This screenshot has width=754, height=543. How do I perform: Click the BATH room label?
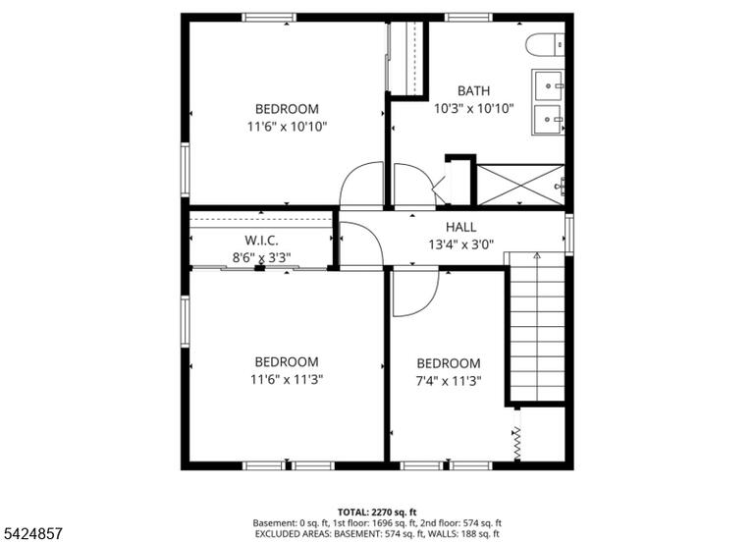pyautogui.click(x=473, y=90)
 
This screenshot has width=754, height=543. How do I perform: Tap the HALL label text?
pyautogui.click(x=460, y=227)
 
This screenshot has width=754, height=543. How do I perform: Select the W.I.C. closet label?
pyautogui.click(x=261, y=240)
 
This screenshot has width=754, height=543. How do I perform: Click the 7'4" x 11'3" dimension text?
pyautogui.click(x=448, y=381)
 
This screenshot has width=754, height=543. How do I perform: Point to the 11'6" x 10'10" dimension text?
pyautogui.click(x=287, y=127)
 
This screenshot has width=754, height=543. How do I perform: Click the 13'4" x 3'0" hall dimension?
pyautogui.click(x=461, y=245)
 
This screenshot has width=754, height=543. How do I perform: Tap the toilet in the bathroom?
pyautogui.click(x=545, y=45)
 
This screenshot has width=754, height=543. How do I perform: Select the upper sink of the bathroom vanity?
pyautogui.click(x=548, y=85)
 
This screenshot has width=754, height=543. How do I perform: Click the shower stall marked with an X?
pyautogui.click(x=520, y=185)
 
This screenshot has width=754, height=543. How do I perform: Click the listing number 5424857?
pyautogui.click(x=33, y=533)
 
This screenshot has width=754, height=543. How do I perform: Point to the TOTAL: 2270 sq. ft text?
pyautogui.click(x=377, y=512)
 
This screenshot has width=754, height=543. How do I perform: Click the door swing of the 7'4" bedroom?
pyautogui.click(x=415, y=294)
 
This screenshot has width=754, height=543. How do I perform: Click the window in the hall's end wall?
pyautogui.click(x=569, y=235)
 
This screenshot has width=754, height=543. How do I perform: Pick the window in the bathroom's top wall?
pyautogui.click(x=469, y=18)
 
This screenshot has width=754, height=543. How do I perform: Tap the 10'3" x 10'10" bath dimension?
pyautogui.click(x=474, y=109)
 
